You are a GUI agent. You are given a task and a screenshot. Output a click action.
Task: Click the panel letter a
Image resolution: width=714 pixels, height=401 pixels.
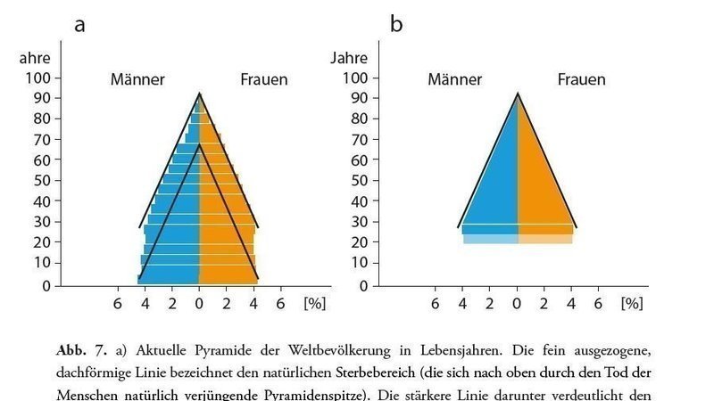[79, 25]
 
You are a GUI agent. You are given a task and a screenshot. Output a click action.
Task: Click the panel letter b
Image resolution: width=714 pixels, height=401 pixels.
[396, 24]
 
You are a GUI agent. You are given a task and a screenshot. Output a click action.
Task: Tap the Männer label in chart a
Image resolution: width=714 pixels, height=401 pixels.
[137, 79]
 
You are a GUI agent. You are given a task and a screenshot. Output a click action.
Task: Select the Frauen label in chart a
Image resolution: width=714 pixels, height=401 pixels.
[263, 79]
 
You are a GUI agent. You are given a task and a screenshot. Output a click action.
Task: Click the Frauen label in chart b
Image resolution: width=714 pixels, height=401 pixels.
[581, 79]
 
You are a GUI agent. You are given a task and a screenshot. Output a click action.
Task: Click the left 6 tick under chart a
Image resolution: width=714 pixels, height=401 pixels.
[117, 303]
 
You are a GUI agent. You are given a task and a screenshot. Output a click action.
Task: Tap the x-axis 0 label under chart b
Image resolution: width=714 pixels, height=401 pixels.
[517, 303]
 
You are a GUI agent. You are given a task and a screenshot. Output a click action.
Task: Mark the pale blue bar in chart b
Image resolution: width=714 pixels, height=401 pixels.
[490, 239]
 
